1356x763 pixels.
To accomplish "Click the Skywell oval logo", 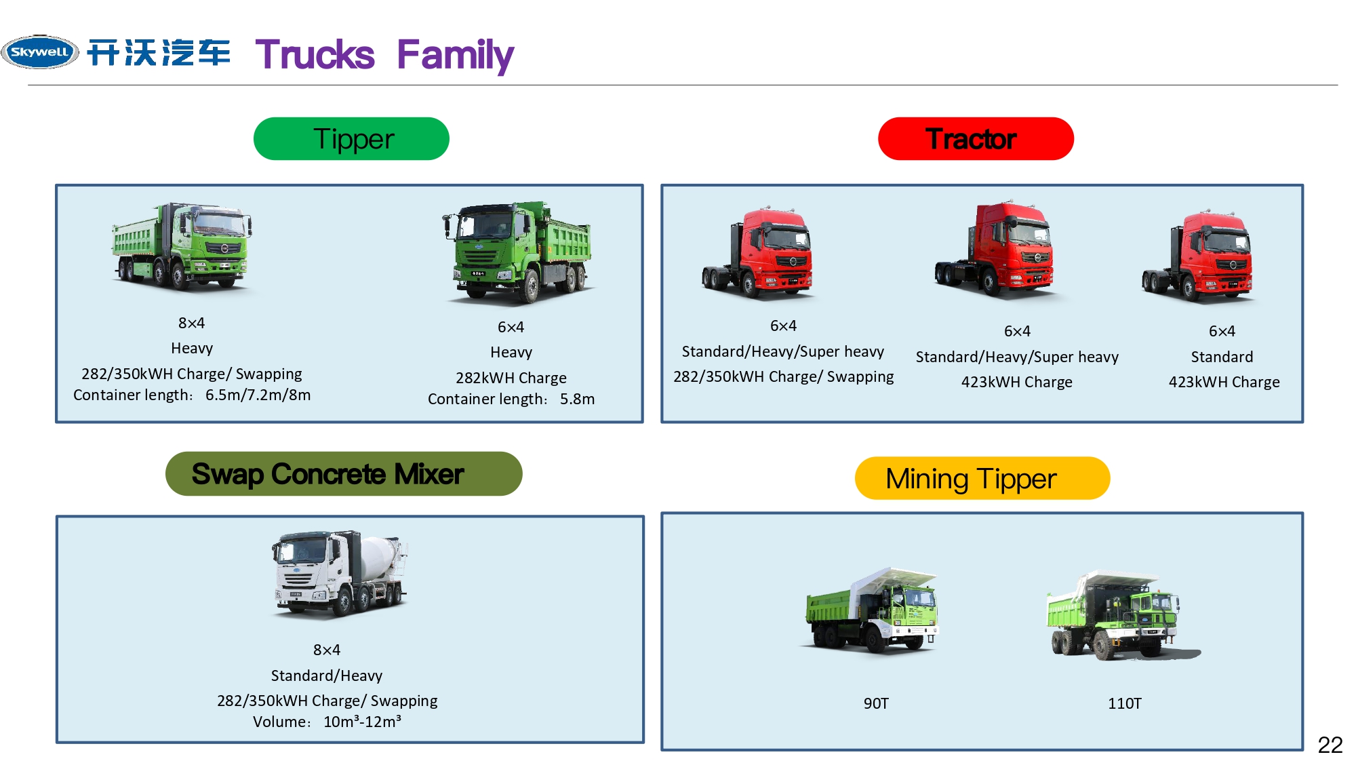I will (x=40, y=52).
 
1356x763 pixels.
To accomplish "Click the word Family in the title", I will (x=455, y=55).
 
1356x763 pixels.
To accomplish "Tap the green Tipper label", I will (x=351, y=139).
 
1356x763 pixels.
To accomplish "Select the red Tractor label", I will (x=975, y=139).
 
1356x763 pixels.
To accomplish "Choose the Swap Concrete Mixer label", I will (x=343, y=473).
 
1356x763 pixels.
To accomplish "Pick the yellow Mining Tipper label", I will (x=981, y=479).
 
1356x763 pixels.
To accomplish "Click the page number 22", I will (x=1330, y=745).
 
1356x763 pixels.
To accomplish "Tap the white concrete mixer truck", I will (x=339, y=573).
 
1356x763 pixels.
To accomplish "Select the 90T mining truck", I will (x=872, y=610).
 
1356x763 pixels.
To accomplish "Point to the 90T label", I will (x=875, y=703).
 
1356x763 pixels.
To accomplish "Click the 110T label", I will (x=1124, y=703).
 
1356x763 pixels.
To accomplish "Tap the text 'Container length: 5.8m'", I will (x=511, y=399).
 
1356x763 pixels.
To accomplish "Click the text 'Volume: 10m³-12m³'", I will (x=327, y=722).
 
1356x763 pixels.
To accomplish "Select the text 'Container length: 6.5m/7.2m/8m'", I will (x=192, y=395).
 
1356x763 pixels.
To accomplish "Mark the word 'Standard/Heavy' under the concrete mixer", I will (x=327, y=676).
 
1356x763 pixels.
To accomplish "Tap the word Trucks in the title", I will (x=315, y=55).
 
